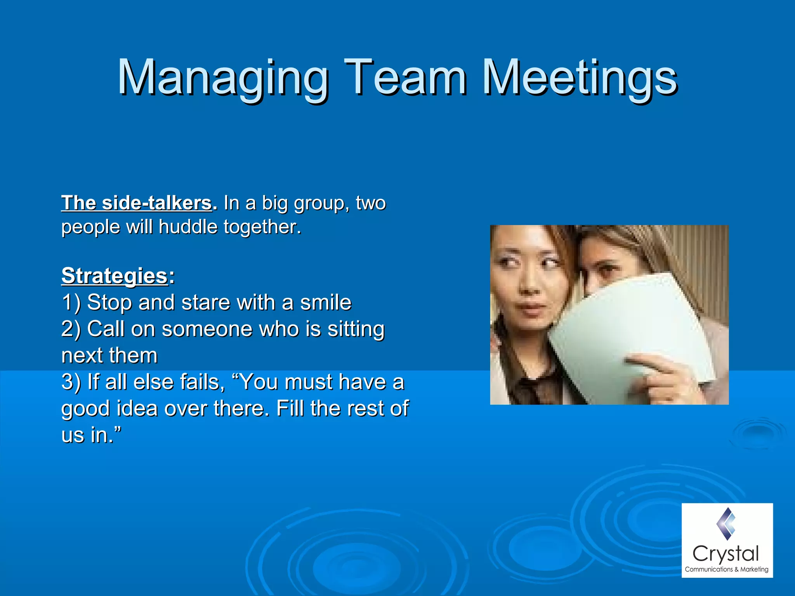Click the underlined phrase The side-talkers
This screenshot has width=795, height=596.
137,203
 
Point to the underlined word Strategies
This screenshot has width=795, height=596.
115,276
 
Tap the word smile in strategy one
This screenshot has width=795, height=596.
326,303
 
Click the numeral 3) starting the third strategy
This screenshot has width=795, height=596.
71,382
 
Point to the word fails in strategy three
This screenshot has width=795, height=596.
202,382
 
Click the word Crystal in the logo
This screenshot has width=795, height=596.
725,554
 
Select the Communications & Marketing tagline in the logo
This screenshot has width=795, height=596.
726,569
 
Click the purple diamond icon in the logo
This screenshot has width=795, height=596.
726,524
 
